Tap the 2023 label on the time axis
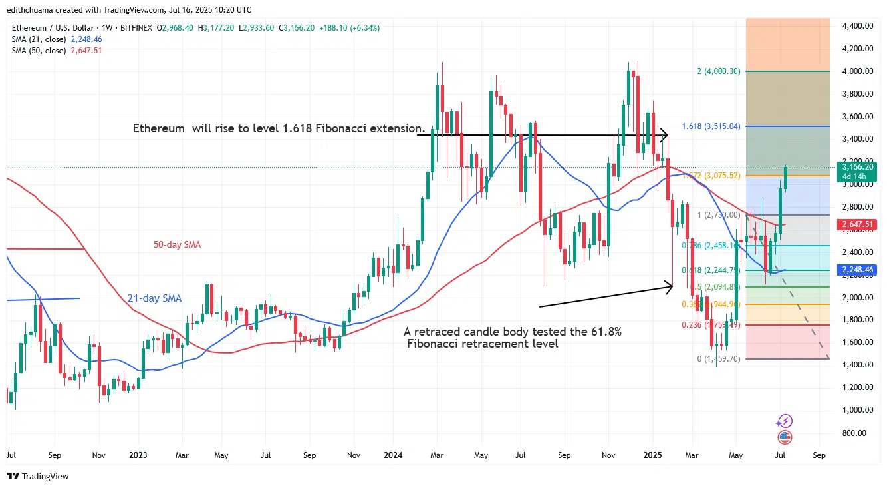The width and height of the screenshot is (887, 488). [x=139, y=456]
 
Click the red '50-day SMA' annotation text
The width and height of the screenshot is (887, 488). [x=172, y=245]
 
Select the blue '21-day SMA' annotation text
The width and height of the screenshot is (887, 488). [x=154, y=298]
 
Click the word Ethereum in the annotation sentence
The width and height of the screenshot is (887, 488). [x=158, y=128]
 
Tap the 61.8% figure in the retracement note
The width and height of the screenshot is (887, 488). [x=607, y=332]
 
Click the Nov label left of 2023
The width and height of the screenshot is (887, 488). [x=99, y=456]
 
